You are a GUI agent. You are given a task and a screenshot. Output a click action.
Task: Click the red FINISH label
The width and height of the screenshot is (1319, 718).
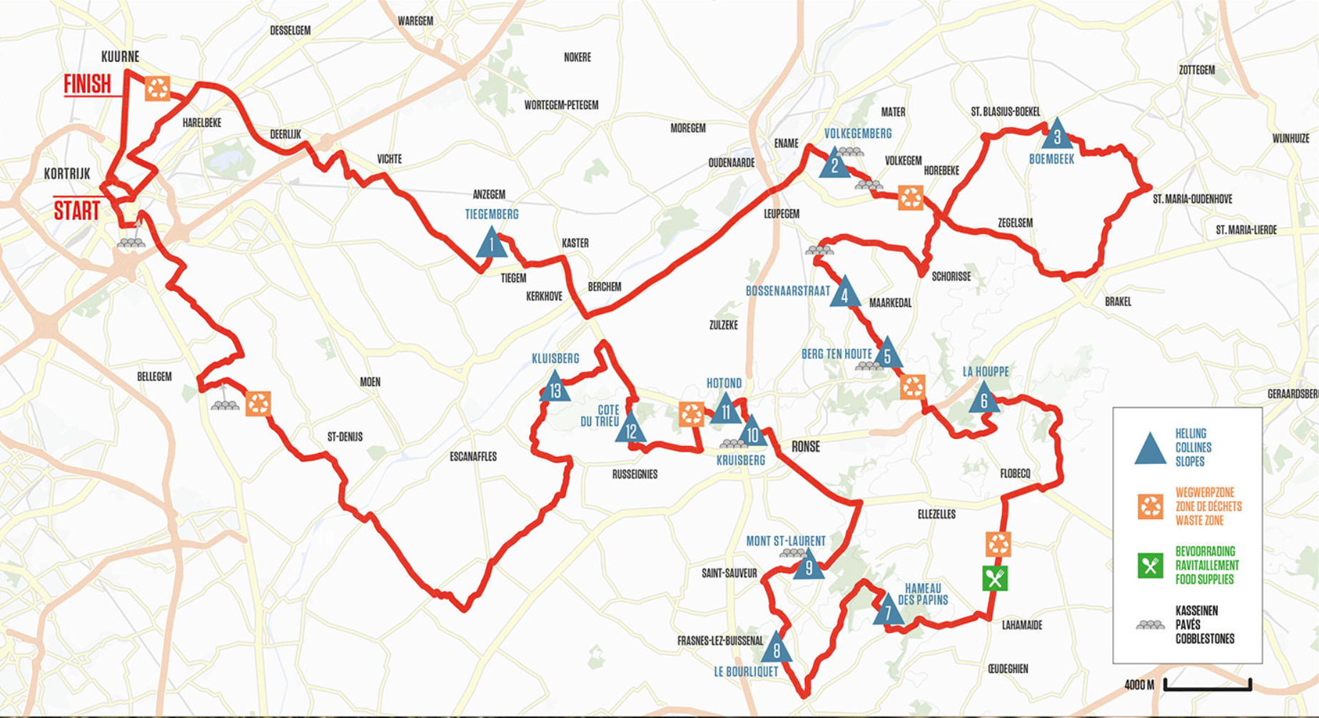(87, 84)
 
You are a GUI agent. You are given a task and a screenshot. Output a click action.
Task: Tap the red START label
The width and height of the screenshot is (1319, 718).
(77, 211)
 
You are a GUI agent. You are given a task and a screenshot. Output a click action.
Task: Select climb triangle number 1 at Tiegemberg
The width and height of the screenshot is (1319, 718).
(491, 244)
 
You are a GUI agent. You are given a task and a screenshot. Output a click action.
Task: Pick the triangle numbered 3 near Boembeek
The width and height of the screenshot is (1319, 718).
(1057, 135)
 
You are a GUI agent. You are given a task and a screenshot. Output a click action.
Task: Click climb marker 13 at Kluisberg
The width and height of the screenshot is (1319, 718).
(555, 388)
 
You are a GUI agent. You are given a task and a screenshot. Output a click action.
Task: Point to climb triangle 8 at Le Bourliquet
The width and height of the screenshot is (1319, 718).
(777, 648)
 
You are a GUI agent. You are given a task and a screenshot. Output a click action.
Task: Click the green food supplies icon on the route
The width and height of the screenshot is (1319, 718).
(995, 578)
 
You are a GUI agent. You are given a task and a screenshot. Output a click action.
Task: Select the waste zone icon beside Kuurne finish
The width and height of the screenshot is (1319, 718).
(158, 89)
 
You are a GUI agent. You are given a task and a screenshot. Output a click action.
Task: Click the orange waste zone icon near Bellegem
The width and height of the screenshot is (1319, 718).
(258, 403)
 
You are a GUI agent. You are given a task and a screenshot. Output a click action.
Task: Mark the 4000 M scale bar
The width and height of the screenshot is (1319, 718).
(1207, 685)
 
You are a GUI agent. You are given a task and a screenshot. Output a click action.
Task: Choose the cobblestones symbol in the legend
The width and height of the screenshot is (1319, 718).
(1150, 625)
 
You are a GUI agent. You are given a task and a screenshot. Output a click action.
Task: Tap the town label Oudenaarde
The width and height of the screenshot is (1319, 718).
(731, 163)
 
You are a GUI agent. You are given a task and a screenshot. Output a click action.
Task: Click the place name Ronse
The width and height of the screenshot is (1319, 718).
(806, 447)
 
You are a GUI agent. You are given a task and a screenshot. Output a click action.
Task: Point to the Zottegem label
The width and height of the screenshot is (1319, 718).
(1196, 70)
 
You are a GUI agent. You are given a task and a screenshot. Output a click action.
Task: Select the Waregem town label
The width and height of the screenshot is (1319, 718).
(415, 21)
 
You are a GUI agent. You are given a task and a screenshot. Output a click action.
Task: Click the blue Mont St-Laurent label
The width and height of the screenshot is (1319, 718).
(785, 541)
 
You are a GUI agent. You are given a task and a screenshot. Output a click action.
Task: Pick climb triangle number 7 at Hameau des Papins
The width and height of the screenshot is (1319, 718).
(888, 611)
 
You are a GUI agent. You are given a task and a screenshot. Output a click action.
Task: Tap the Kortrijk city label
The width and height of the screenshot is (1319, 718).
(67, 173)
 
